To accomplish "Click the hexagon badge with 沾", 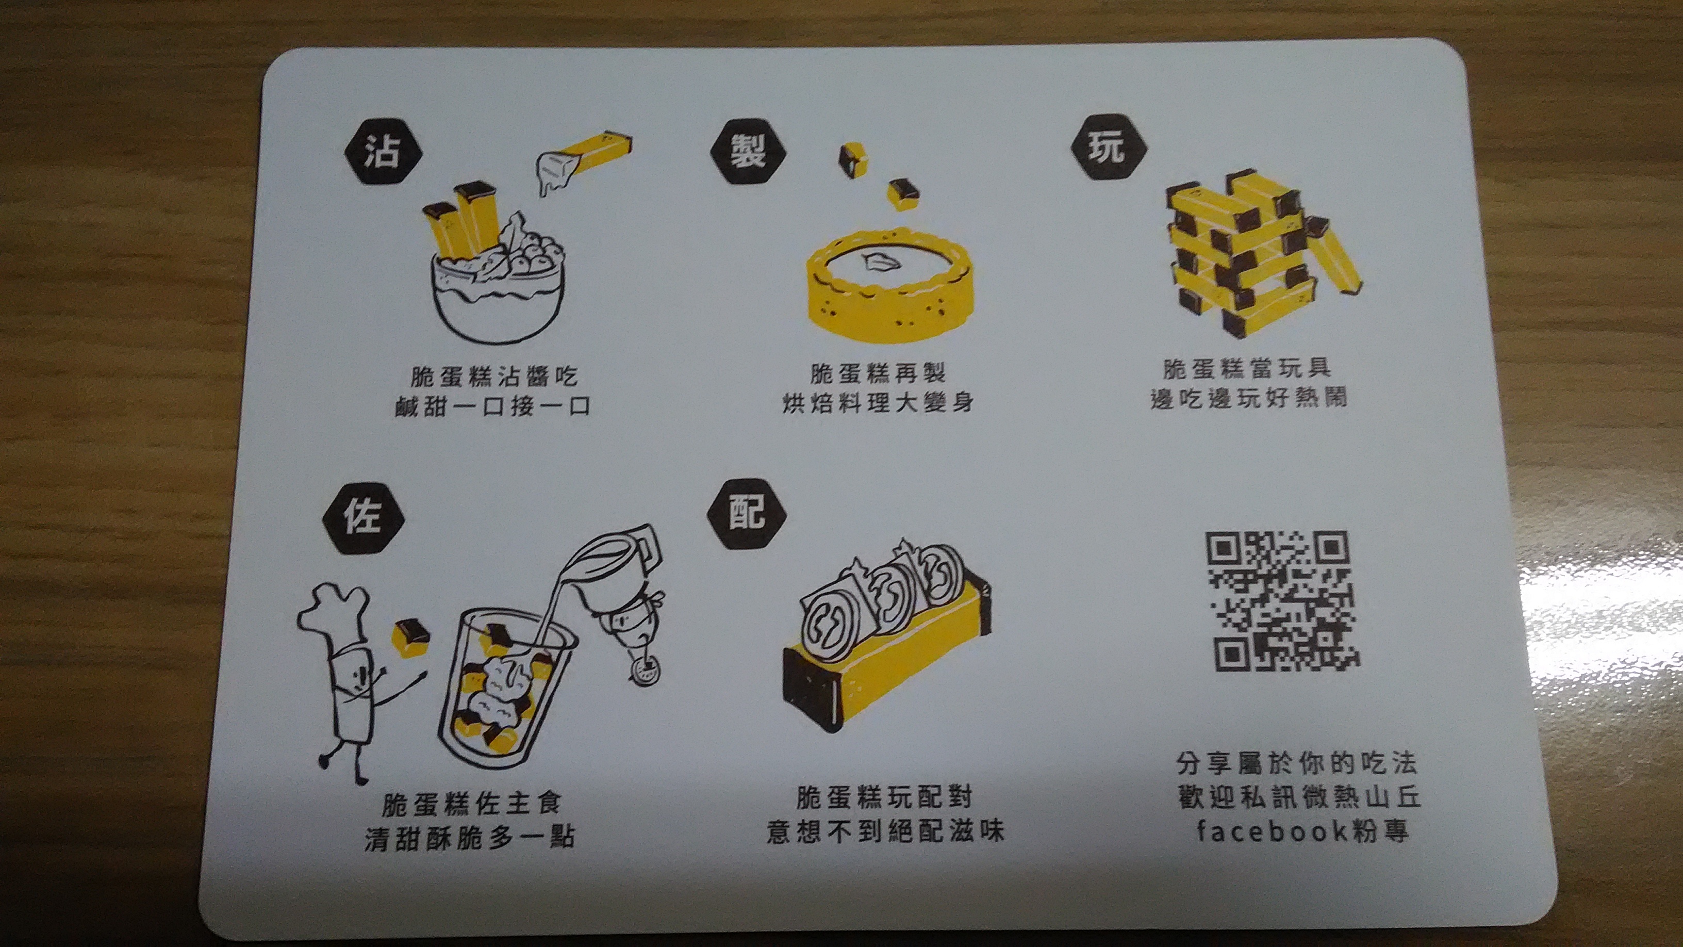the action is point(384,152).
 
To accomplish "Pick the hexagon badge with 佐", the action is point(363,517).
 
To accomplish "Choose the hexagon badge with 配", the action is point(747,512).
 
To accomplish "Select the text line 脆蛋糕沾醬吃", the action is point(494,376).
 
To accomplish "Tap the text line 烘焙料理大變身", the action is point(878,402).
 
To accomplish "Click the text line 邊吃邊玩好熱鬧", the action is point(1248,397).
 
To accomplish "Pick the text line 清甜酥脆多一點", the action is point(470,838).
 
